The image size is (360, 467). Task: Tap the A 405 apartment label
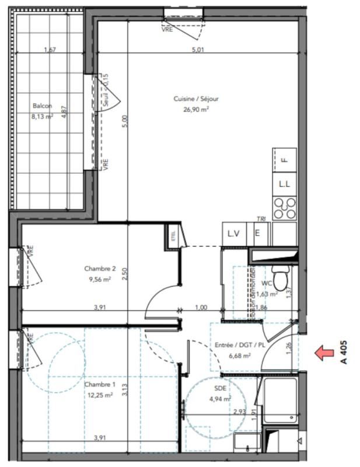click(x=345, y=352)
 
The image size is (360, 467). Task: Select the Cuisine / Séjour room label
click(x=195, y=99)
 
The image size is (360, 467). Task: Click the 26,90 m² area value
click(x=196, y=109)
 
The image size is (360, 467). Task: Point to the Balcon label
click(x=42, y=106)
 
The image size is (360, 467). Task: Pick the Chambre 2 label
click(x=100, y=269)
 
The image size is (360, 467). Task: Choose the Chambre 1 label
click(x=100, y=385)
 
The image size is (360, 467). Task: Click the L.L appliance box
click(x=285, y=184)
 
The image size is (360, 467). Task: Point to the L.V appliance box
click(x=234, y=233)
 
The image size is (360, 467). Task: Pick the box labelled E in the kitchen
click(x=257, y=233)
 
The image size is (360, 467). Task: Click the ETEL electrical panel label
click(x=173, y=236)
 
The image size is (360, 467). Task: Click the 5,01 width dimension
click(x=198, y=50)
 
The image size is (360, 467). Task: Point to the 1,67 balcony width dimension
click(x=50, y=50)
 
